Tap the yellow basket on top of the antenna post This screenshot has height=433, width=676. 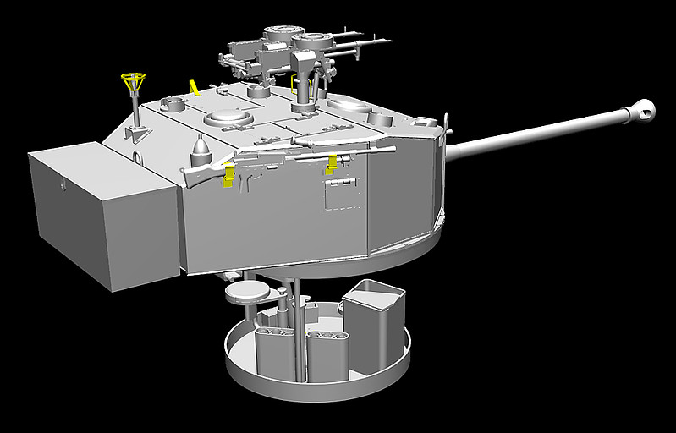(x=133, y=82)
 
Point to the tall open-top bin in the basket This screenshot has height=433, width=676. (x=373, y=326)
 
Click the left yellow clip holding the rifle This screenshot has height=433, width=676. (x=228, y=174)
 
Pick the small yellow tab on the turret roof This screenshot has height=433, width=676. (x=195, y=86)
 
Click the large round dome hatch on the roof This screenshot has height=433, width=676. (x=226, y=117)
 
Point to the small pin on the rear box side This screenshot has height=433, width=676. (x=61, y=180)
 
